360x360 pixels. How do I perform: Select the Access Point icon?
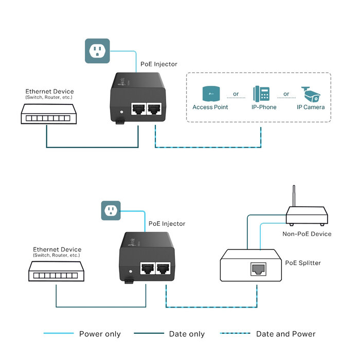pos(210,93)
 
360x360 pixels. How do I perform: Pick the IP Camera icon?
pos(311,94)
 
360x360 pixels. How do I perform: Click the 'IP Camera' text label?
pos(311,107)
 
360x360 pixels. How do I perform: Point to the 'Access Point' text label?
pos(210,107)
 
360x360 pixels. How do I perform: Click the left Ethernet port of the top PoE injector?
pos(139,109)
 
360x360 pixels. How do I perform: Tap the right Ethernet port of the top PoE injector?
pos(154,109)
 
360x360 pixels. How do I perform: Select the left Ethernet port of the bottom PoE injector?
pos(148,268)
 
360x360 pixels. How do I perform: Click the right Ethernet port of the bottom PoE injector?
pos(164,268)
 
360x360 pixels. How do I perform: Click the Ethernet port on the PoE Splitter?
pos(257,269)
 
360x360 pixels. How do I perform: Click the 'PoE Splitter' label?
pos(303,263)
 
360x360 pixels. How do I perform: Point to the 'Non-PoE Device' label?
pos(307,234)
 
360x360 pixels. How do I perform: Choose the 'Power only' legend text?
pos(100,334)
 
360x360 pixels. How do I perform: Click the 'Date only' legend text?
pos(187,334)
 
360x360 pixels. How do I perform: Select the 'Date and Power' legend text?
pos(286,334)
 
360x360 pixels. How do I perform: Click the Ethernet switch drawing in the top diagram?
pos(46,114)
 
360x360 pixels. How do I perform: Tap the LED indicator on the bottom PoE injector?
pos(131,271)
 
